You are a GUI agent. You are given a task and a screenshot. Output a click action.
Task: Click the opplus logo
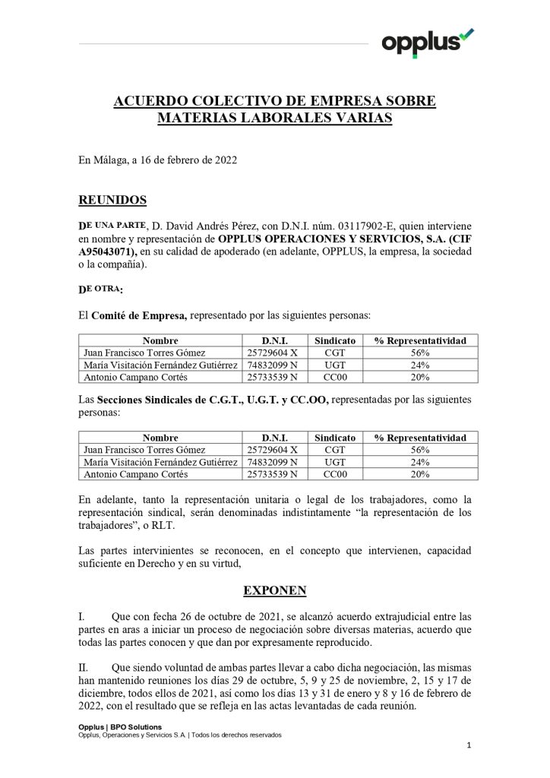click(427, 42)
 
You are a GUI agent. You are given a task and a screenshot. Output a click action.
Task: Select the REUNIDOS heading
click(112, 201)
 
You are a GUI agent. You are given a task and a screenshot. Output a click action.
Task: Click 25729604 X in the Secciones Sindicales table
click(273, 450)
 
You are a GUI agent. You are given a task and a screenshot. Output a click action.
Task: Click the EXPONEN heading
click(274, 590)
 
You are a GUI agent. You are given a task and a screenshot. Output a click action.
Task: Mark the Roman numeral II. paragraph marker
click(84, 667)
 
